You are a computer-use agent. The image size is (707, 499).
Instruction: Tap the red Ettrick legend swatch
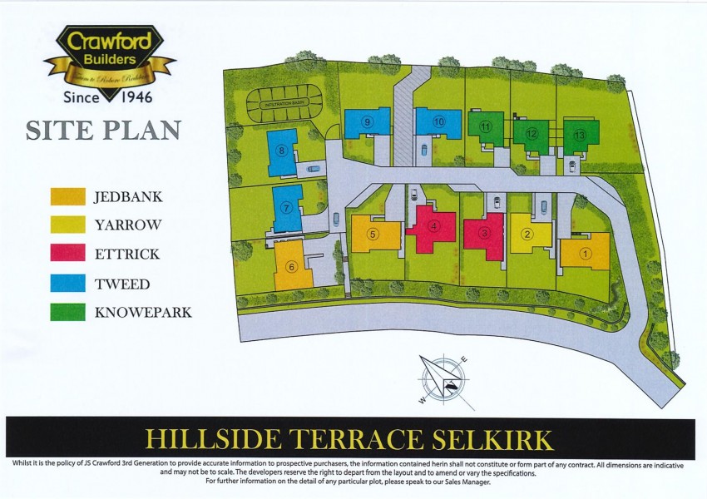click(67, 253)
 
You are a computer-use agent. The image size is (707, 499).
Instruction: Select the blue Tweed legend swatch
click(67, 282)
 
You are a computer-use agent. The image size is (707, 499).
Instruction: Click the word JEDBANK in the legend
click(129, 197)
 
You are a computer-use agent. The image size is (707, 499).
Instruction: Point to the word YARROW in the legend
click(127, 225)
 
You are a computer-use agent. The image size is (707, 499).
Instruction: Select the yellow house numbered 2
click(530, 232)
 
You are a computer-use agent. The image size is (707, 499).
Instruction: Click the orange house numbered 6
click(291, 265)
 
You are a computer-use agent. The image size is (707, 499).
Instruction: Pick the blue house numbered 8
click(283, 151)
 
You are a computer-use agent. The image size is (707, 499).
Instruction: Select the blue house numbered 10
click(438, 122)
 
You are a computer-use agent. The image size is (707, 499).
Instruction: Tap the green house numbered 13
click(581, 135)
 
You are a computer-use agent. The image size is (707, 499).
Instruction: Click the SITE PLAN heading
click(104, 131)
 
